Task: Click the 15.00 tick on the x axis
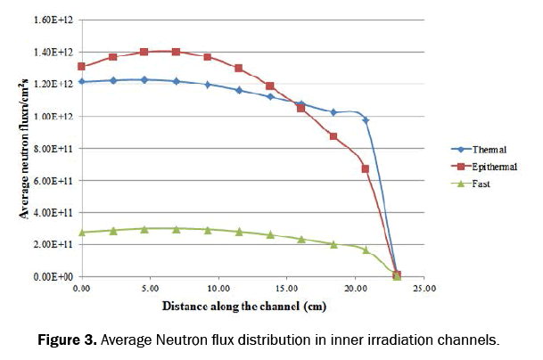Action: (287, 289)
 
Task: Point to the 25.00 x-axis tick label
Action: (424, 289)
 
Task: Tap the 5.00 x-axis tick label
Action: (150, 289)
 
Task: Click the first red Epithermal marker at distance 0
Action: (82, 67)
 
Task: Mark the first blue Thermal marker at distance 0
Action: (82, 82)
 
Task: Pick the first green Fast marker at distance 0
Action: (82, 233)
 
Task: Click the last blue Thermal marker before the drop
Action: (366, 119)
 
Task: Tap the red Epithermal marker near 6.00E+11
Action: (366, 168)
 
